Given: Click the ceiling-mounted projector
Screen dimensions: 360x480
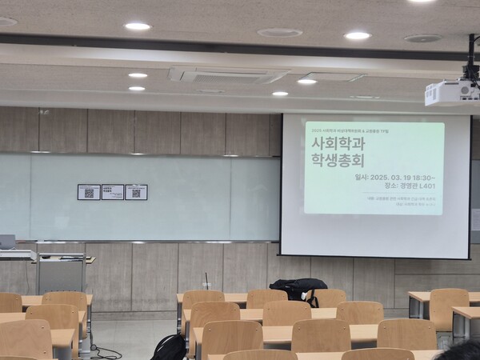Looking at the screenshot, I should (x=453, y=93).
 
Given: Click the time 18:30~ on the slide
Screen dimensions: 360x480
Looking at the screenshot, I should (x=423, y=178).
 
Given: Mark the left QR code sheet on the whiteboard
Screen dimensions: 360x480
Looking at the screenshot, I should (x=89, y=192).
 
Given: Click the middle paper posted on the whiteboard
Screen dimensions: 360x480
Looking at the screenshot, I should (x=113, y=192).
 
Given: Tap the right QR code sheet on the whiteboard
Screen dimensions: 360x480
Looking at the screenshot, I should (x=136, y=192).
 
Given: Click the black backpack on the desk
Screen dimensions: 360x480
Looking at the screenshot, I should (x=298, y=287).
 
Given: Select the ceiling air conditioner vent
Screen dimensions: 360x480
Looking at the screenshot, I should (x=226, y=75).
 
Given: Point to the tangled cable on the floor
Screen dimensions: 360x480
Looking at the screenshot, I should (x=104, y=352).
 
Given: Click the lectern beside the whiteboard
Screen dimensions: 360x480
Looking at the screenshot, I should (x=62, y=274).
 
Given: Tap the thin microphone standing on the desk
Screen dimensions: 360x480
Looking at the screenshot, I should (x=206, y=281).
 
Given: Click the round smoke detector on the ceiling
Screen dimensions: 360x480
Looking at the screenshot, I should (x=280, y=33).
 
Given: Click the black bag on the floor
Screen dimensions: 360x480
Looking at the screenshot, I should (x=170, y=347).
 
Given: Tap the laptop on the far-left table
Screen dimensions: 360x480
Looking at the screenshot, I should (x=7, y=242).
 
